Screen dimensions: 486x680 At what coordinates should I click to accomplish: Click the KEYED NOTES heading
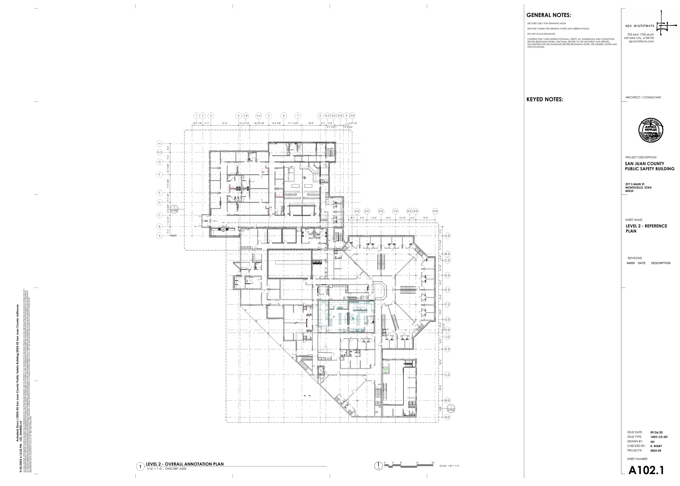pos(545,99)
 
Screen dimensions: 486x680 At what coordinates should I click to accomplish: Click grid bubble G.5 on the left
pos(160,152)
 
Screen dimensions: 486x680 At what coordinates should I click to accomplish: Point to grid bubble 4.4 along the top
pos(258,116)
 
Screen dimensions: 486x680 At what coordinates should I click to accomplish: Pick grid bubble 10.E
pos(435,211)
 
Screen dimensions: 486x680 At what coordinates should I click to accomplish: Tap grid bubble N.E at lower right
pos(447,417)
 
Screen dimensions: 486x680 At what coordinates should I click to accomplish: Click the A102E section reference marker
pos(174,209)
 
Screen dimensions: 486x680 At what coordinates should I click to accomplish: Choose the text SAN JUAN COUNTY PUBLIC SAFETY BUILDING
pos(650,166)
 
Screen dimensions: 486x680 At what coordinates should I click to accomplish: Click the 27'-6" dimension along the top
pos(224,123)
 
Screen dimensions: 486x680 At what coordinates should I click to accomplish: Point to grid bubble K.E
pos(447,349)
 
